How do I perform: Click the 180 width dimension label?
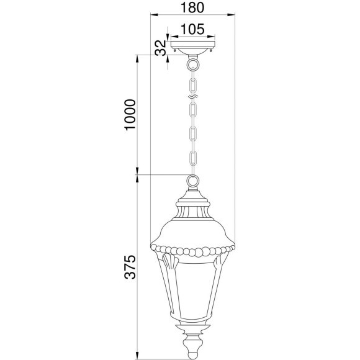[192, 7]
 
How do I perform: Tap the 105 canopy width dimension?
[192, 29]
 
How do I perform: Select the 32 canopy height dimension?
[160, 48]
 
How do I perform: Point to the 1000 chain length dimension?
[130, 115]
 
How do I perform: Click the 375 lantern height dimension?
[130, 267]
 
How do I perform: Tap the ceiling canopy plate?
[192, 48]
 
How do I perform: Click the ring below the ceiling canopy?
[192, 65]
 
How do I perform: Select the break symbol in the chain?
[192, 97]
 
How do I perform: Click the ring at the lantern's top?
[192, 181]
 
